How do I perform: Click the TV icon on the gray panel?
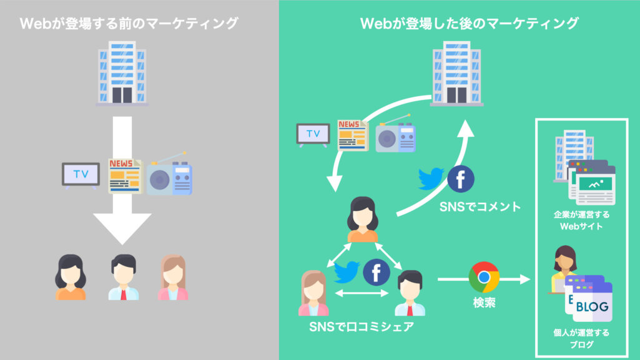(x=81, y=174)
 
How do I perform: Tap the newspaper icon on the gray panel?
(x=124, y=175)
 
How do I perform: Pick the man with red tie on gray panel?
(x=123, y=278)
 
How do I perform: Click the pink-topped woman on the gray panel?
(x=172, y=278)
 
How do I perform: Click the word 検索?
(x=484, y=305)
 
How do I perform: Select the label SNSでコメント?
(x=480, y=207)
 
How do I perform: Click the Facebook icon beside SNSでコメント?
(x=461, y=180)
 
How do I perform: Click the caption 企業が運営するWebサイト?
(x=581, y=220)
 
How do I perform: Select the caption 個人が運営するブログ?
(x=581, y=338)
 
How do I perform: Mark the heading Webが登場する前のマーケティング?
(x=129, y=24)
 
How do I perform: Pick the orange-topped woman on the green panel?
(x=363, y=219)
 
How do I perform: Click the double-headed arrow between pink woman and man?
(x=362, y=293)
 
